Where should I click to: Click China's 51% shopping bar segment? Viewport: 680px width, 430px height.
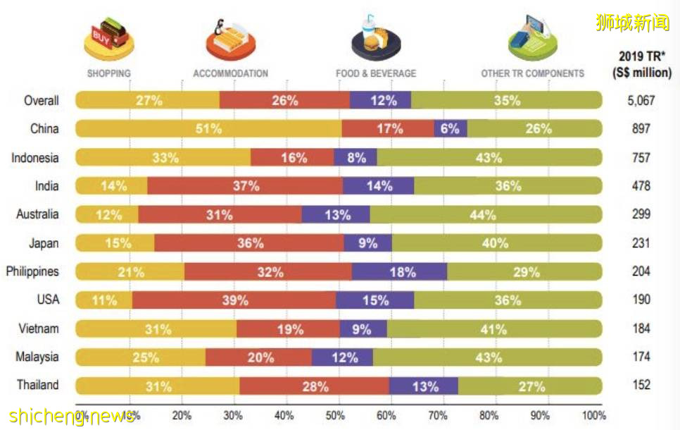coord(209,129)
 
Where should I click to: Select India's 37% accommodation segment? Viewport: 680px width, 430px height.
coord(245,186)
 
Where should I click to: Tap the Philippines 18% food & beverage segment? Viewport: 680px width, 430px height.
coord(400,271)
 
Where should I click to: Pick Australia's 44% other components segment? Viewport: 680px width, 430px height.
coord(486,214)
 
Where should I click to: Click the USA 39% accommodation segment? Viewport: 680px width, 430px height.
coord(234,300)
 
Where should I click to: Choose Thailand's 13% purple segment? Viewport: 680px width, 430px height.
coord(424,386)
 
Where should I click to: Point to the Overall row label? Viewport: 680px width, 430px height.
coord(41,101)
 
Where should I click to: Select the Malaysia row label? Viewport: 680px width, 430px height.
coord(37,357)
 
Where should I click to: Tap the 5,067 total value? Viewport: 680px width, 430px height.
coord(641,101)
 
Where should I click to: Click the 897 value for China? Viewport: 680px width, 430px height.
coord(641,129)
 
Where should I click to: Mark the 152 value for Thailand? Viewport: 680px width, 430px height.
coord(641,386)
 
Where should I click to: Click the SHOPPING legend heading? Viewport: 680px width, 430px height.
coord(108,73)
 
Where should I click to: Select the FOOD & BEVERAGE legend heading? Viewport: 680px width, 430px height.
coord(376,73)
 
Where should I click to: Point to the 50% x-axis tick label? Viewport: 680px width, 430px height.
coord(335,415)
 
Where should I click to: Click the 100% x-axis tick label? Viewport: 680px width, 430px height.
coord(593,415)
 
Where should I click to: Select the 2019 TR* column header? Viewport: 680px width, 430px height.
coord(641,63)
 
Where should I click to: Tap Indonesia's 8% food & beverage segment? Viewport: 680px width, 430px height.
coord(355,158)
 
